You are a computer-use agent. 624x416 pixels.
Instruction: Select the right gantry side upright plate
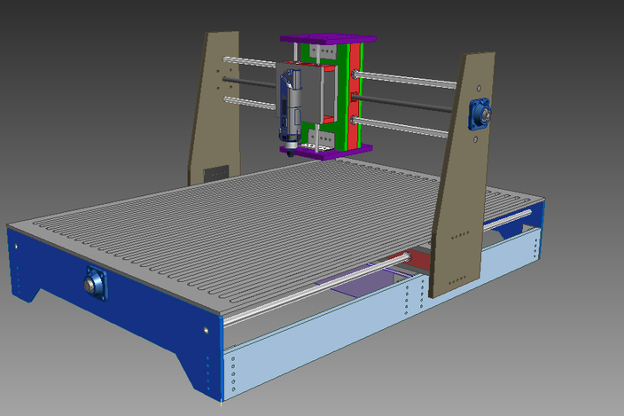(x=462, y=177)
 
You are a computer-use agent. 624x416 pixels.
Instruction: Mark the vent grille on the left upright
(x=215, y=174)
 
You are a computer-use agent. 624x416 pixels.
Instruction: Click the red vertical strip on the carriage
(x=354, y=98)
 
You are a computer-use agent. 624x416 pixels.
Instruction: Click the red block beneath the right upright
(x=419, y=259)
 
